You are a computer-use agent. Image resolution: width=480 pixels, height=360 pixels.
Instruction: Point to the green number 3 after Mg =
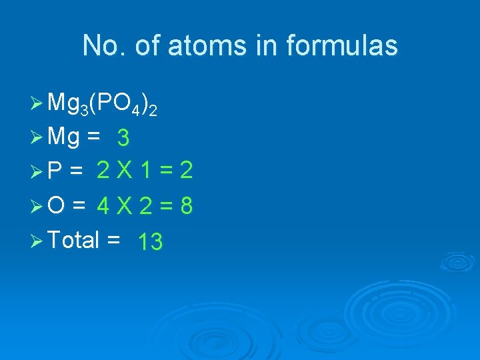123,139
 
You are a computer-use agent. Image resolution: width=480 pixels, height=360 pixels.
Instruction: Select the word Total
73,239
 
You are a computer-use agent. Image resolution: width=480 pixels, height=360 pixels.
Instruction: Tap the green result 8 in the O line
187,207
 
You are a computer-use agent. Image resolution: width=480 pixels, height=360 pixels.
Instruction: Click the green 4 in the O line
103,207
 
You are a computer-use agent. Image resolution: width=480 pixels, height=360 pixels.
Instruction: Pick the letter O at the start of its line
57,206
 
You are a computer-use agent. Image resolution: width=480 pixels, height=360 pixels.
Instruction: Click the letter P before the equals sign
56,171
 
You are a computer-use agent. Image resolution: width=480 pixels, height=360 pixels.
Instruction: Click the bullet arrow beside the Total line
37,240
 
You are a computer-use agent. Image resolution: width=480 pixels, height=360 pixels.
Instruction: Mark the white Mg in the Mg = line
65,137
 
